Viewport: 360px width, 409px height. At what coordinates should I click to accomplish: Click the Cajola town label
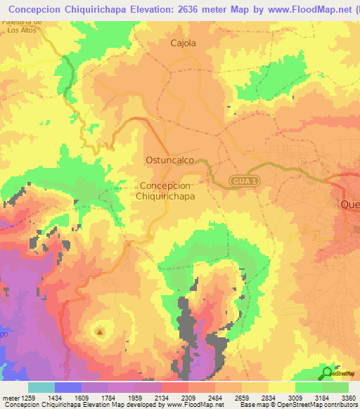click(x=183, y=43)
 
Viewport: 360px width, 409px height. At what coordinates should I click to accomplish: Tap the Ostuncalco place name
click(x=169, y=160)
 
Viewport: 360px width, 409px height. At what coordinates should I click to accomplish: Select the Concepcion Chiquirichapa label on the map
click(x=166, y=190)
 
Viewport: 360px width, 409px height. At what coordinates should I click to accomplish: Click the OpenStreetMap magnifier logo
click(x=326, y=373)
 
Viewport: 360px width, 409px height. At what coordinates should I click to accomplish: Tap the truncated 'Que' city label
click(x=349, y=204)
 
